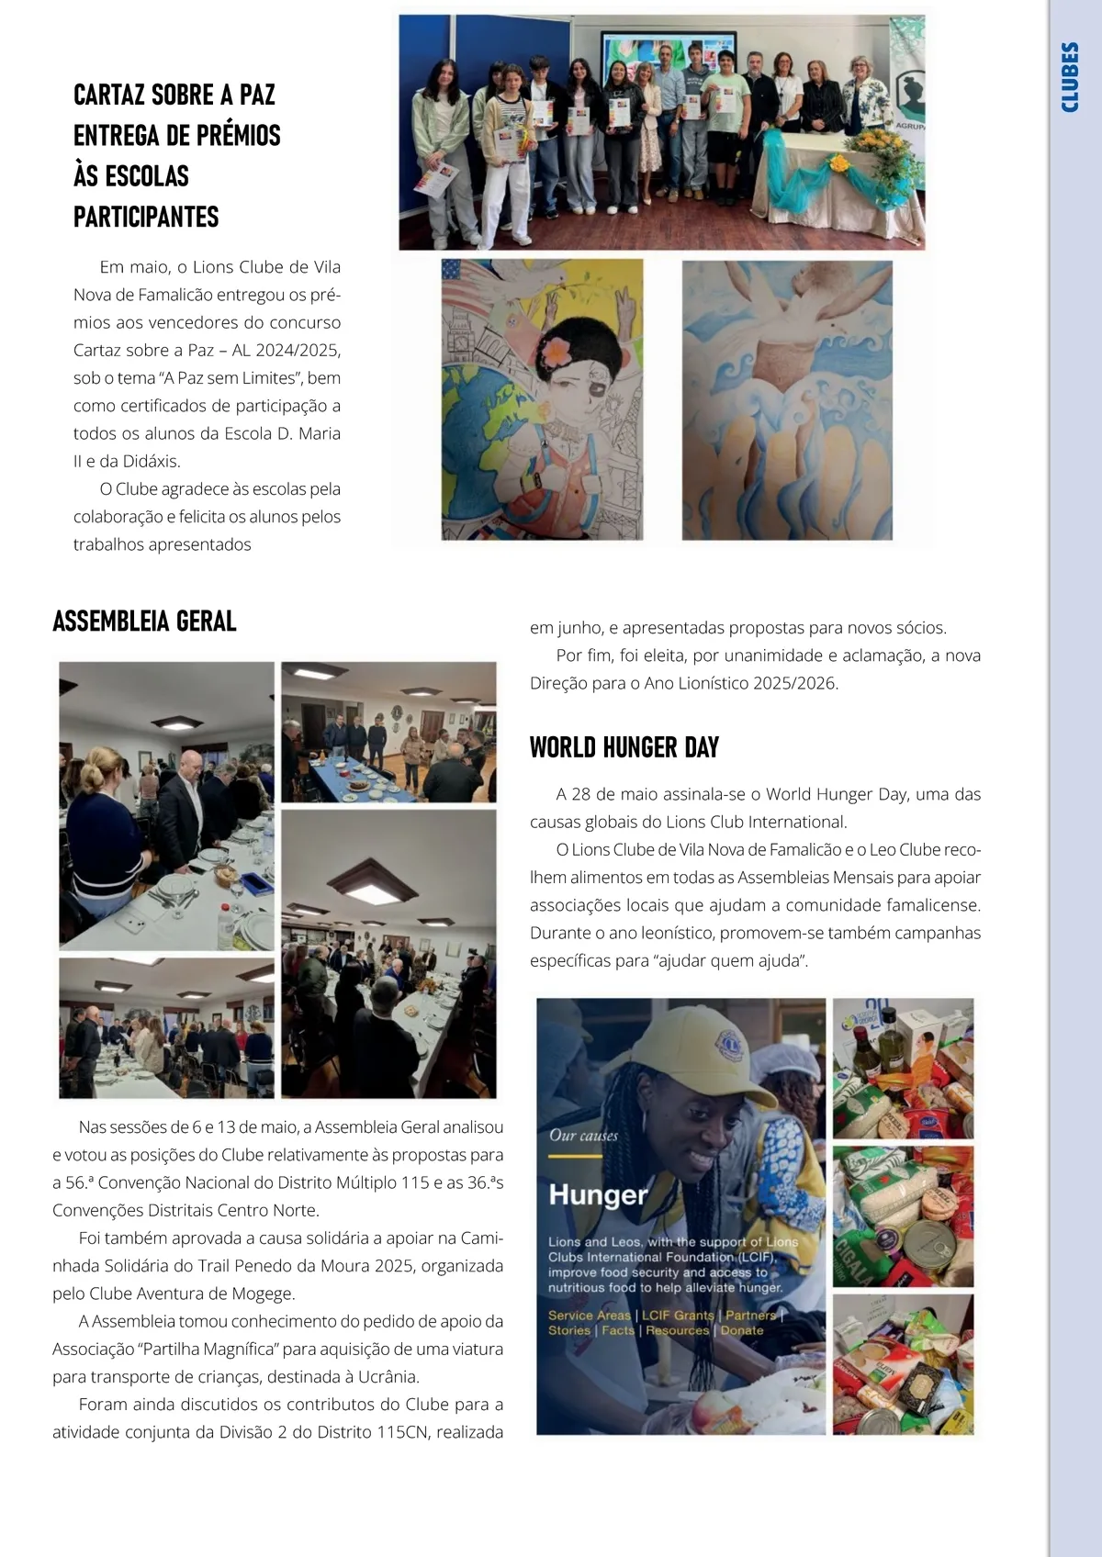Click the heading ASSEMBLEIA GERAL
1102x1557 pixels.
pyautogui.click(x=144, y=622)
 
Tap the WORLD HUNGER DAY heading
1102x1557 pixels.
pyautogui.click(x=624, y=747)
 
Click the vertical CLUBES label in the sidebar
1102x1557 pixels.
pyautogui.click(x=1070, y=77)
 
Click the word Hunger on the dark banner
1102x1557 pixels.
pyautogui.click(x=598, y=1194)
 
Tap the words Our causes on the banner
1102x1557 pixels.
pyautogui.click(x=583, y=1136)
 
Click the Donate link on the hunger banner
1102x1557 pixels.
pyautogui.click(x=742, y=1330)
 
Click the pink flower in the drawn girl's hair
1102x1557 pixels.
pyautogui.click(x=557, y=351)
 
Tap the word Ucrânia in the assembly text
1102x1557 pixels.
pyautogui.click(x=390, y=1376)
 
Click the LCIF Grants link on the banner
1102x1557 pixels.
pyautogui.click(x=678, y=1316)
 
